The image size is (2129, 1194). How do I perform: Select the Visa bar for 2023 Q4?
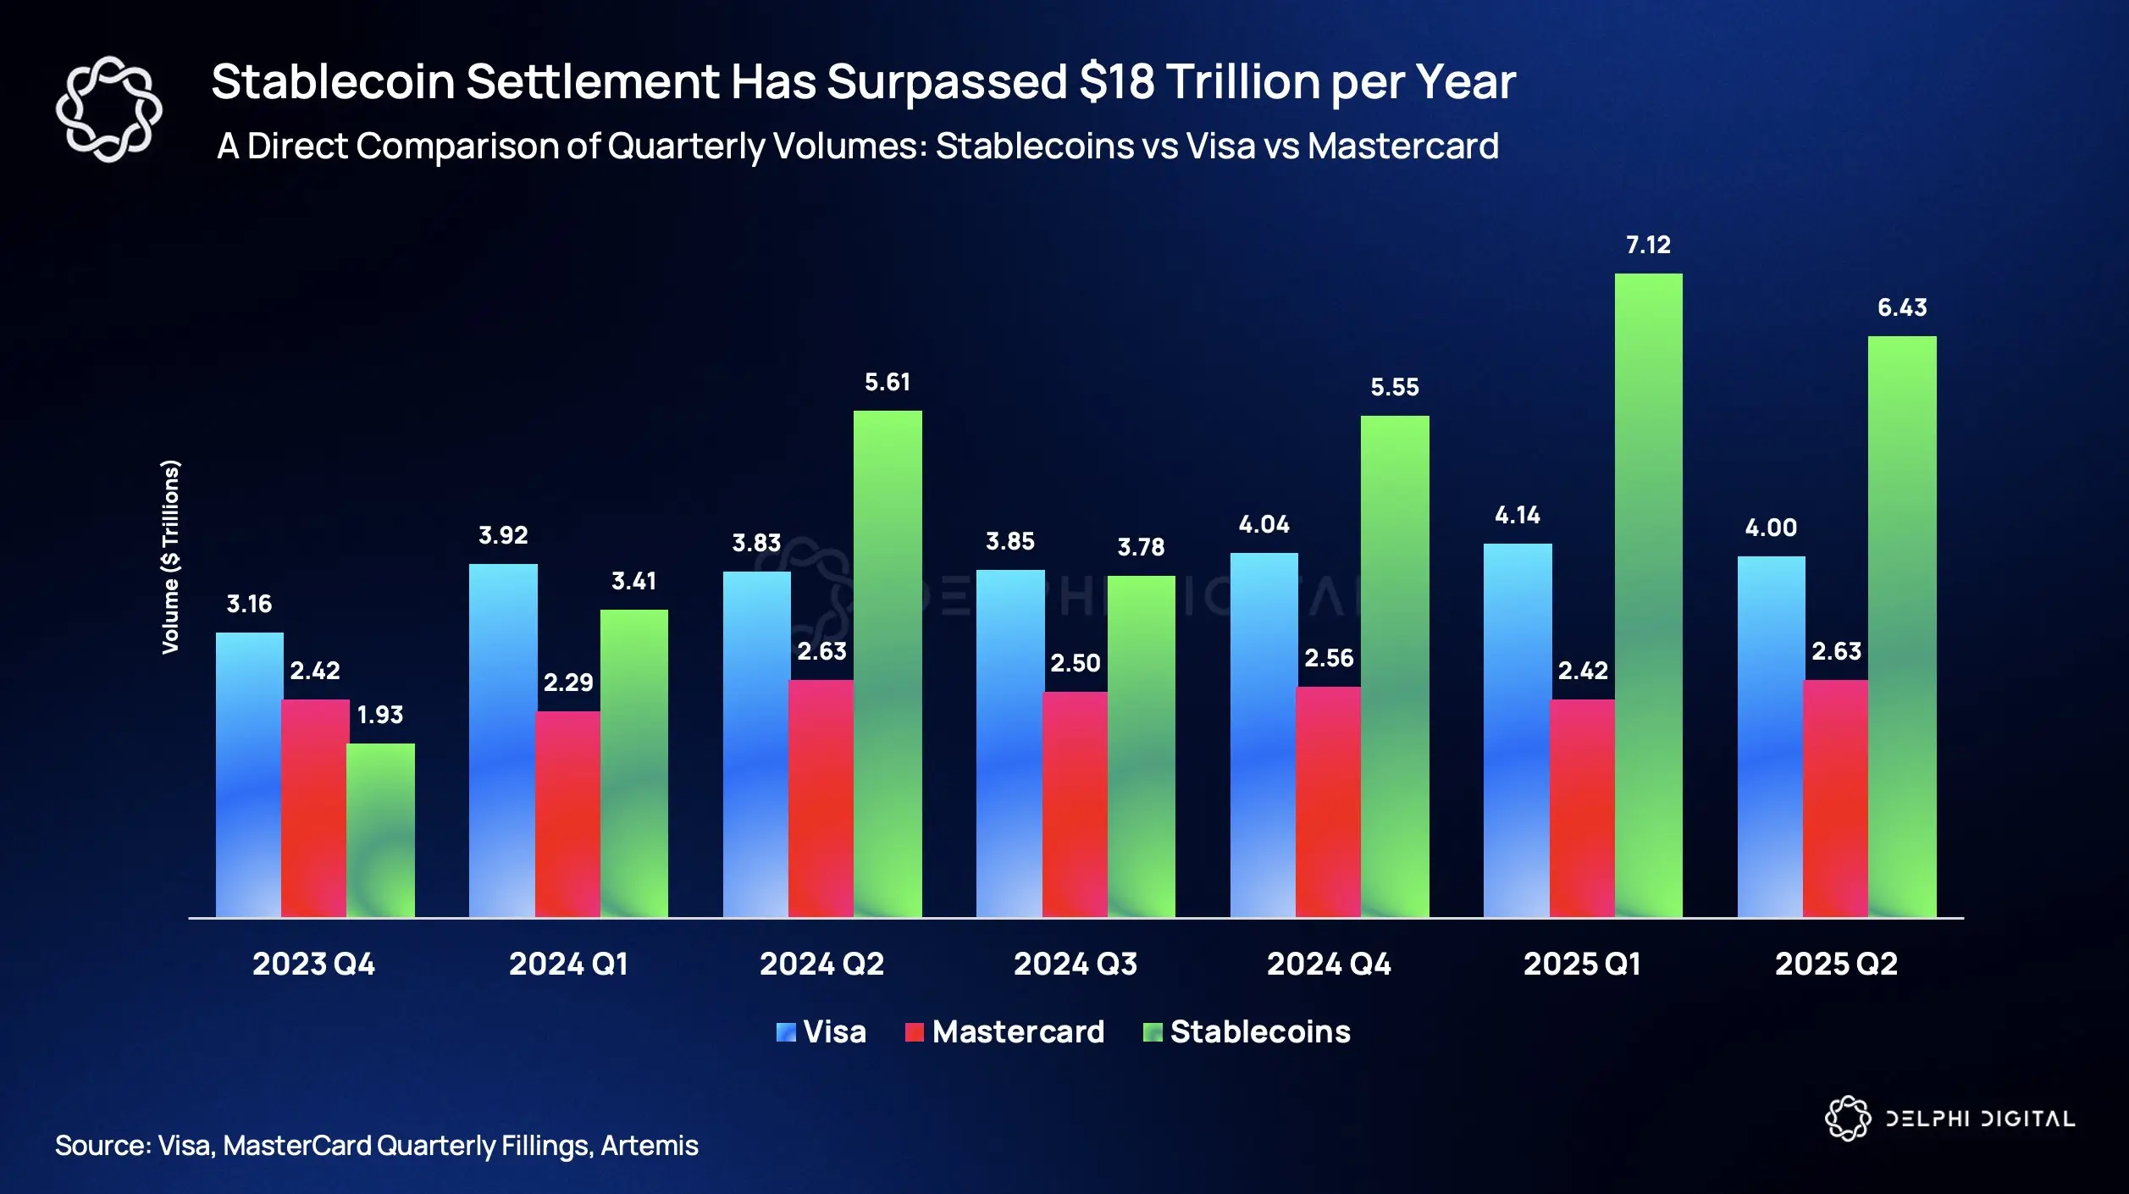pos(249,774)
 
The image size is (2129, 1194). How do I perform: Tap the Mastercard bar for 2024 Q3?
pos(1075,804)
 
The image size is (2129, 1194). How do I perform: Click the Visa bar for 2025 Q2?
pos(1771,736)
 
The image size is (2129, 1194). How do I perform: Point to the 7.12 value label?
pos(1648,246)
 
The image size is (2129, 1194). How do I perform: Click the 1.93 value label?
pos(380,716)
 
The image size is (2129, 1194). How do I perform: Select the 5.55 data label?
pos(1395,388)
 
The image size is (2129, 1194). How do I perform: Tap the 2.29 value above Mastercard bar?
pos(568,683)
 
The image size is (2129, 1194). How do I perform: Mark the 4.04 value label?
pos(1264,525)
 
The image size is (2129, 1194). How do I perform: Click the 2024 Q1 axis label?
pos(568,965)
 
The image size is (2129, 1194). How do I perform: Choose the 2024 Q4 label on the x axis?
pos(1329,965)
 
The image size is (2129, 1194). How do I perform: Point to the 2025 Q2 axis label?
pos(1836,965)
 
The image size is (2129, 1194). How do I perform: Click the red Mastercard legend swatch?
pos(914,1032)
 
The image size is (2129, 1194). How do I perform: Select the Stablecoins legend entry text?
pos(1260,1032)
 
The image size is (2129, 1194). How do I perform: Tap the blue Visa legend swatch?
pos(786,1032)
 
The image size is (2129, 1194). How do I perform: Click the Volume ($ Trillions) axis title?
pos(171,557)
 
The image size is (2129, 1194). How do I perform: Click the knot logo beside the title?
pos(108,109)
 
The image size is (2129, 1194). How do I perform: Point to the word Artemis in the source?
pos(650,1146)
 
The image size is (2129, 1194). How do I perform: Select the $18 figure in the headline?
pos(1117,82)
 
